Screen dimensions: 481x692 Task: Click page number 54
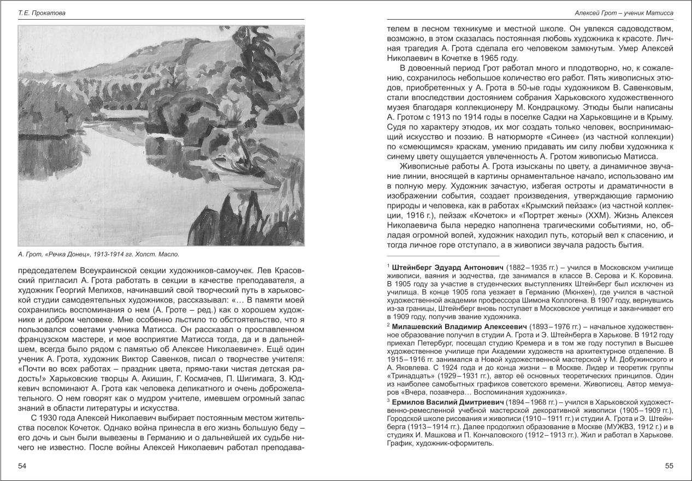22,466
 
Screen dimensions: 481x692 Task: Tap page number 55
669,466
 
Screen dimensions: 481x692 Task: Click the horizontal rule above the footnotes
443,256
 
